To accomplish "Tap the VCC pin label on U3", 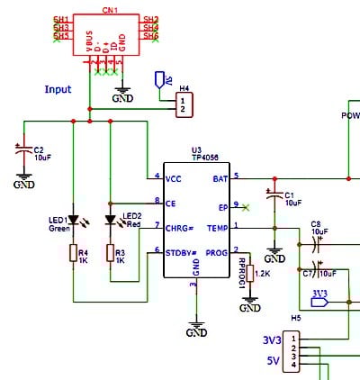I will (x=174, y=177).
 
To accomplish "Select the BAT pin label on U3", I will (x=220, y=177).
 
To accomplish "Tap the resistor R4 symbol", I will (x=72, y=254).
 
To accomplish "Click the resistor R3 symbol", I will (x=109, y=254).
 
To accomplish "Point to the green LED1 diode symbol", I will (x=72, y=221).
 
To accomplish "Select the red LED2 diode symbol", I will (x=110, y=221).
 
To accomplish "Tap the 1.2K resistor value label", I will (x=263, y=273).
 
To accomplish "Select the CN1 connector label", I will (x=108, y=9).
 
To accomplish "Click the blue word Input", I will (x=58, y=90).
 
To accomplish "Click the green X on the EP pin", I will (x=247, y=207).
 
